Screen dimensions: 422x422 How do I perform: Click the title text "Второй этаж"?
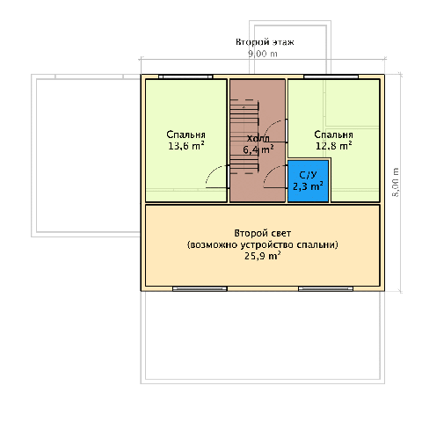[x=265, y=42]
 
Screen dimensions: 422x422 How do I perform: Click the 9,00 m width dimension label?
[x=263, y=54]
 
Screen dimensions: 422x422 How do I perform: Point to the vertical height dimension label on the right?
[x=396, y=182]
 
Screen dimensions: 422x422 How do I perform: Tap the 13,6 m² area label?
[x=186, y=146]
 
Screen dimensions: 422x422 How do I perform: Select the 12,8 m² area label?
[x=334, y=146]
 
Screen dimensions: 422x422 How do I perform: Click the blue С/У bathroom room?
[x=308, y=181]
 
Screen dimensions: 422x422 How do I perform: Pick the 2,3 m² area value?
[x=308, y=186]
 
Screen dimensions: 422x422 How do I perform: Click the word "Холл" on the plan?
[x=258, y=138]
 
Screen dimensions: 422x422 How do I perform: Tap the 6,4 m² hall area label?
[x=258, y=149]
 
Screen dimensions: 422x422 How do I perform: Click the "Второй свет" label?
[x=263, y=233]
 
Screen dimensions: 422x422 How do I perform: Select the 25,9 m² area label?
[x=263, y=256]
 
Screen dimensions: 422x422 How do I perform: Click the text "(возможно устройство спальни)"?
[x=263, y=244]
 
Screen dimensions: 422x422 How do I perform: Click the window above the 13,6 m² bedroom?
[x=186, y=76]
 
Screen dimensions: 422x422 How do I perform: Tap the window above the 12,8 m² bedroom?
[x=331, y=76]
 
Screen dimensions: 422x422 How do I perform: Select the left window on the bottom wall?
[x=200, y=289]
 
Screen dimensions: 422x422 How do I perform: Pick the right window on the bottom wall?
[x=325, y=289]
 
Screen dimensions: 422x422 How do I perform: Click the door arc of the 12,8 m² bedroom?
[x=270, y=126]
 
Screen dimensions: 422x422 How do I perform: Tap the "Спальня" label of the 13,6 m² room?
[x=186, y=135]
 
